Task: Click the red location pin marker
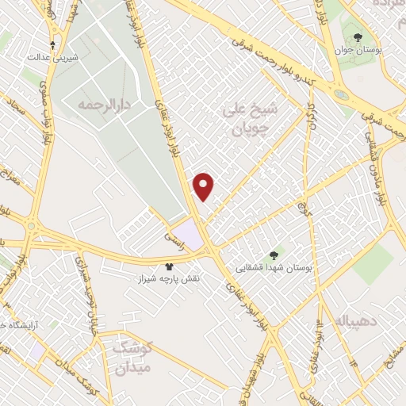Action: (x=205, y=186)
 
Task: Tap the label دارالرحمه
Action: (x=102, y=104)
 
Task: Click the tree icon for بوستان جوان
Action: (x=358, y=36)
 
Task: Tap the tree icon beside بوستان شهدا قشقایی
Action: (x=274, y=255)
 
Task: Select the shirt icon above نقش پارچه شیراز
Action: (x=167, y=267)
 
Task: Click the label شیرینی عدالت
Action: (x=50, y=58)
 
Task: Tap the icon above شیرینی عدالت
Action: (x=52, y=45)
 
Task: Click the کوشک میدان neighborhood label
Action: (x=133, y=358)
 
